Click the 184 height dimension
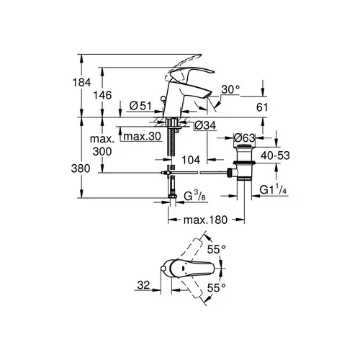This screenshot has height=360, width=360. pos(84,84)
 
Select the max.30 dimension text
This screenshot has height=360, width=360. pos(140,136)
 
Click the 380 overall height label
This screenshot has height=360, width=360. pos(84,168)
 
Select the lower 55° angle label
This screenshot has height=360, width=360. pos(215,287)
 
